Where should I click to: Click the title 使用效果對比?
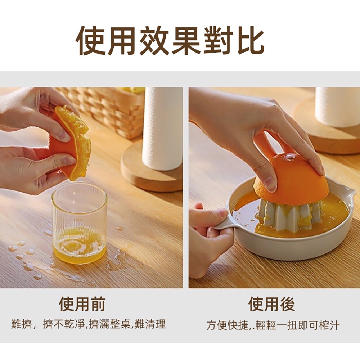[170, 40]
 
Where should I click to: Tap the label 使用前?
[82, 304]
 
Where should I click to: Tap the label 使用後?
[271, 304]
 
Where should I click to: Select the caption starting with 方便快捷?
[273, 325]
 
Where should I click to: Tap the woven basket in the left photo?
[108, 108]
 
